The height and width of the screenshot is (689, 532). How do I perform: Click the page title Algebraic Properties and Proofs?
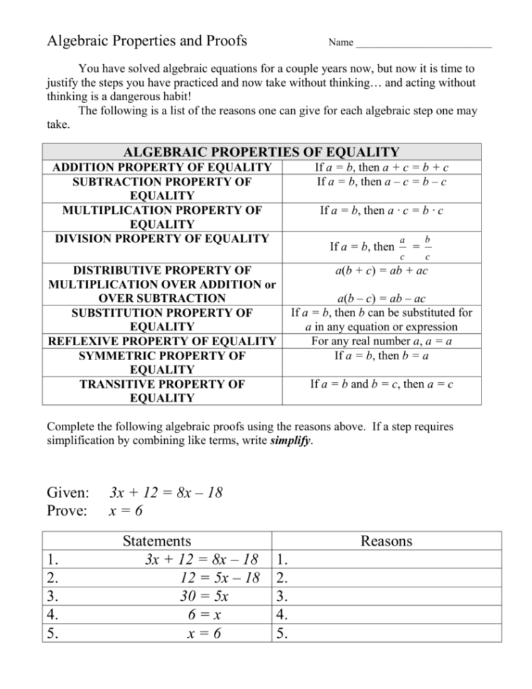point(147,40)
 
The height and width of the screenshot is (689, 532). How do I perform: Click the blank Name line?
point(423,44)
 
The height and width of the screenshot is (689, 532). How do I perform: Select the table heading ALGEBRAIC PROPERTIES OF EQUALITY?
point(261,152)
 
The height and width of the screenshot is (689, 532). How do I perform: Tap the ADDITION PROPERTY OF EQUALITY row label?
point(162,168)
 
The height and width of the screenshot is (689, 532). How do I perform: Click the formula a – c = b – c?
point(413,182)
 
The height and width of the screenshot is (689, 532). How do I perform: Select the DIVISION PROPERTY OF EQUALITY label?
point(162,239)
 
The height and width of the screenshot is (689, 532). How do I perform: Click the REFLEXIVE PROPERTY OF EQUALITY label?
point(162,341)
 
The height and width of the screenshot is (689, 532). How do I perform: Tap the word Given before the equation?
point(68,493)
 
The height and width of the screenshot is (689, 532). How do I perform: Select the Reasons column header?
point(386,541)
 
